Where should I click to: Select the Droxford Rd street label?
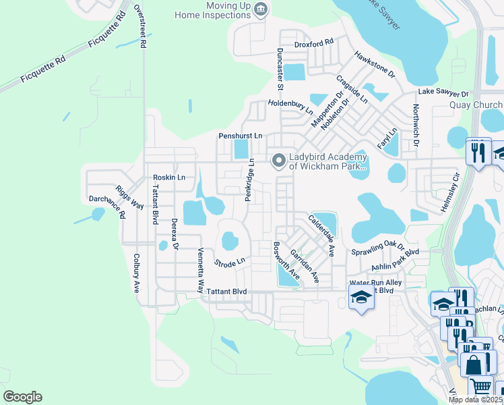pos(314,44)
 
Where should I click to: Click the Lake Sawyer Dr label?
pos(443,92)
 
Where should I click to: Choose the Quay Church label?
pos(476,105)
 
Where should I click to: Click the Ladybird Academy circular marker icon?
pos(278,161)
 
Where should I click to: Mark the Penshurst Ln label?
pos(240,136)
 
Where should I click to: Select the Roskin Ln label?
pos(168,178)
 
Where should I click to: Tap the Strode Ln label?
pos(229,262)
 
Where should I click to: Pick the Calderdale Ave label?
pos(321,236)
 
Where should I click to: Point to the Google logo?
pos(22,397)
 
